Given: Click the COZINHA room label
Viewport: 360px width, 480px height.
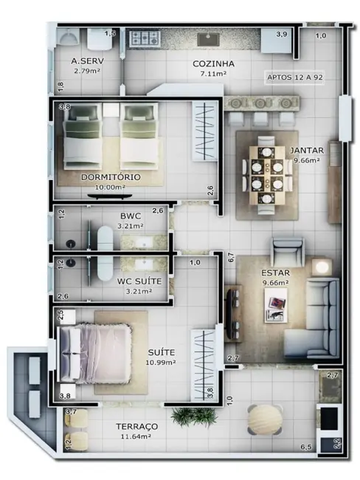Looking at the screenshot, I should tap(213, 64).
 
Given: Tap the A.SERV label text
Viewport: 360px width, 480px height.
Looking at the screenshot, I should tap(86, 61).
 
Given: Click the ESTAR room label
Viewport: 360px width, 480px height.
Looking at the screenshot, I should tap(275, 272).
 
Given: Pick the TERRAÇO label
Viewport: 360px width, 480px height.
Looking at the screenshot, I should tap(137, 427).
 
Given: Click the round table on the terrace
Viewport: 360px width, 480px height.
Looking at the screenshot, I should tap(264, 420).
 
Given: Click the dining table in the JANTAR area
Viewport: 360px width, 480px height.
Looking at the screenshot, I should tap(265, 174).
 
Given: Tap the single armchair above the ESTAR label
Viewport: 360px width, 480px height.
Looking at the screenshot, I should tap(287, 250).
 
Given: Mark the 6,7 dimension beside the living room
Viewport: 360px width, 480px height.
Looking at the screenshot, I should tap(231, 257).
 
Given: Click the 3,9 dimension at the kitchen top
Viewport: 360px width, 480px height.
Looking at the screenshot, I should tap(282, 35).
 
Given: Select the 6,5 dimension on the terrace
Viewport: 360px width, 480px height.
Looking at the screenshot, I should tap(305, 448).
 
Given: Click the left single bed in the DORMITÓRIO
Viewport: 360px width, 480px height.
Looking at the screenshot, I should tap(81, 137).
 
